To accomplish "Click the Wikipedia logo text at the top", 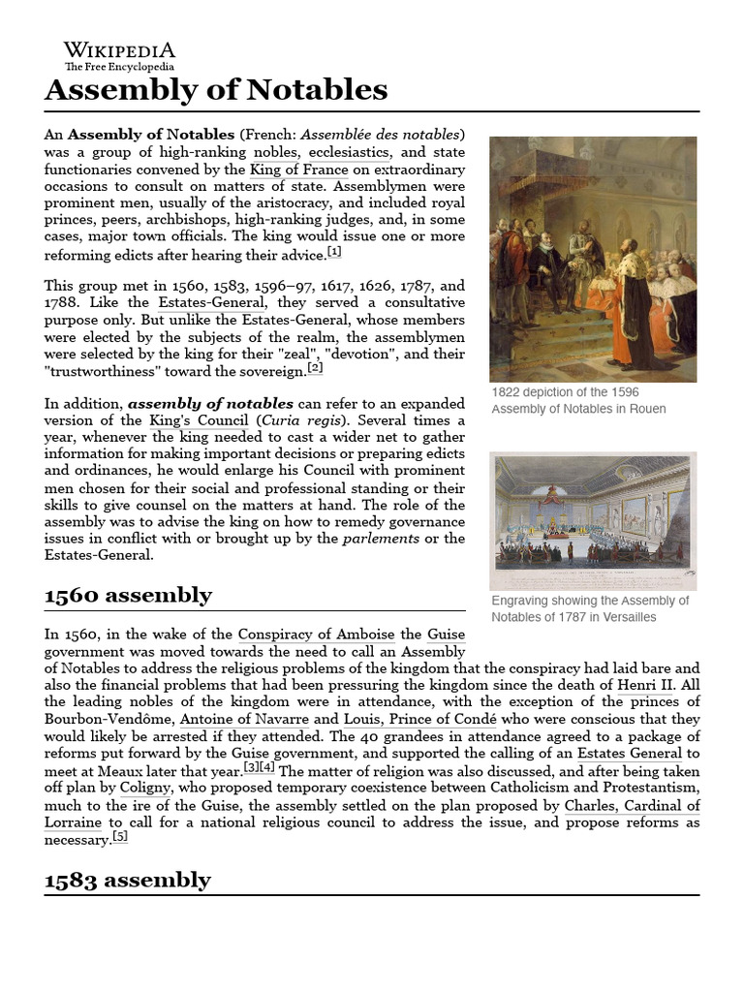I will (x=119, y=49).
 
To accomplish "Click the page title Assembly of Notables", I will (x=216, y=90).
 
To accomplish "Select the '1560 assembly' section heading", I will (x=128, y=594).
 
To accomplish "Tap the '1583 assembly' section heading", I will (x=128, y=879).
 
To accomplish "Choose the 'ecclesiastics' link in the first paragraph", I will (x=350, y=152).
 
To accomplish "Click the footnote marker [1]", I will (x=334, y=252).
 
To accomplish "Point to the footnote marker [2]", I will (x=315, y=368).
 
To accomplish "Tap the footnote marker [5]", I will (x=119, y=837).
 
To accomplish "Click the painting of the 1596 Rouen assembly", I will (x=593, y=259).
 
